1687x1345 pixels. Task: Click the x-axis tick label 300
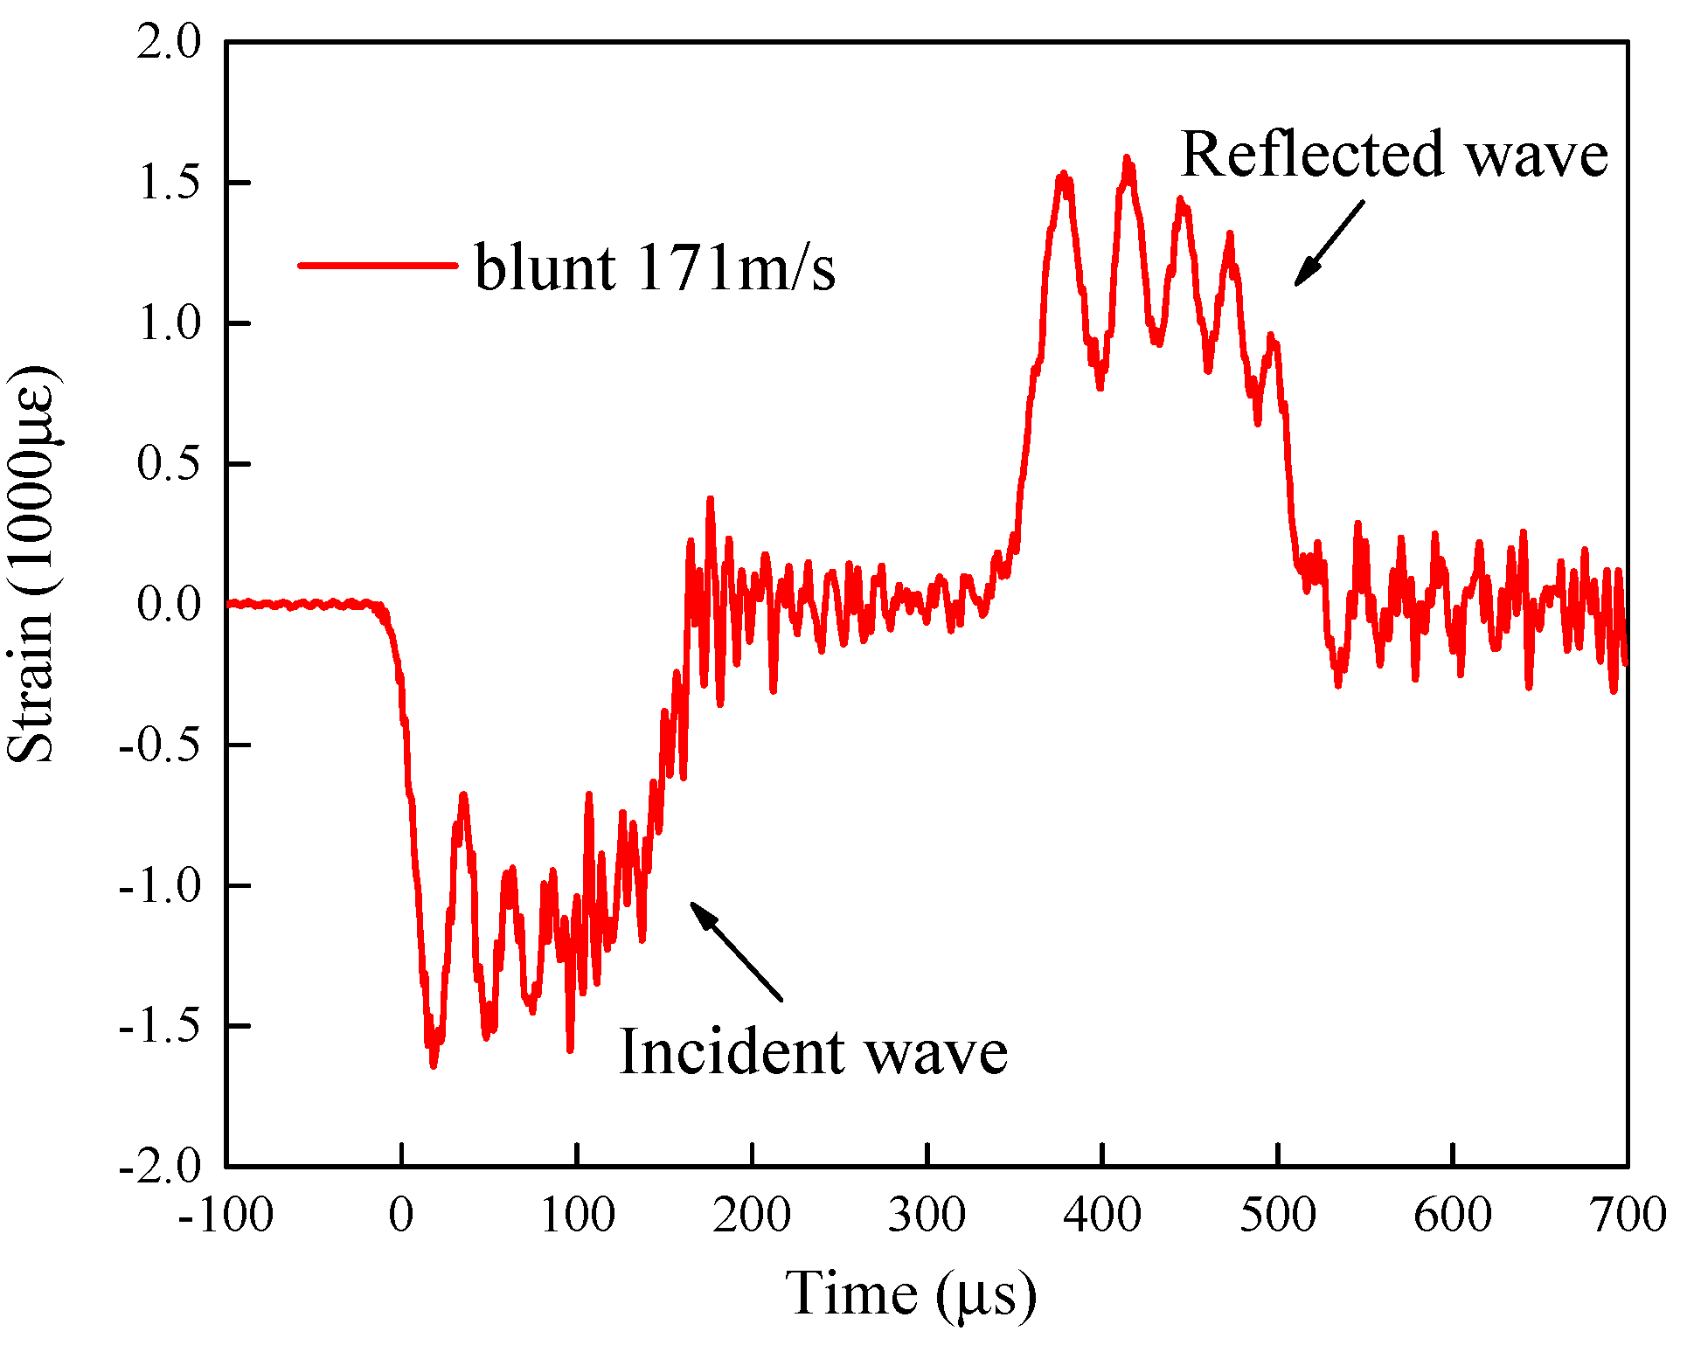click(927, 1215)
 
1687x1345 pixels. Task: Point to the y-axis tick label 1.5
click(170, 183)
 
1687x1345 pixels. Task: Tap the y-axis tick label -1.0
click(161, 885)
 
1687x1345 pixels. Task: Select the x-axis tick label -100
click(226, 1215)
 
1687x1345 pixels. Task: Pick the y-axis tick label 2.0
click(170, 42)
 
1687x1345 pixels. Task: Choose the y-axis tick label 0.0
click(170, 604)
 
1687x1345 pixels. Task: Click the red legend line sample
click(378, 265)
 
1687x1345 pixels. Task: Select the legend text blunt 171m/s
click(655, 267)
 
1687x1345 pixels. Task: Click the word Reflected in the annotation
click(1312, 154)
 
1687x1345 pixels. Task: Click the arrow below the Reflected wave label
click(1328, 244)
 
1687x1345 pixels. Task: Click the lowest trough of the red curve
click(434, 1065)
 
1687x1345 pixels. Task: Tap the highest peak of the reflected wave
click(1127, 158)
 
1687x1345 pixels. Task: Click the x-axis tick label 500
click(1277, 1215)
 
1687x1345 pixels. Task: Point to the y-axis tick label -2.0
click(161, 1166)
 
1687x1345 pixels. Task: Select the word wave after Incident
click(935, 1051)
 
